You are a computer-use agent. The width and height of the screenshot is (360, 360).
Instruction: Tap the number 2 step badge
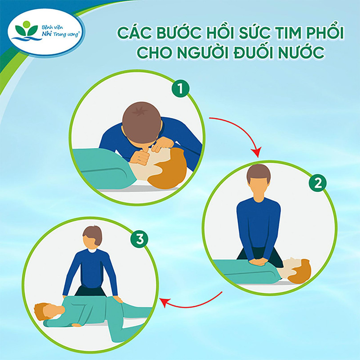click(x=317, y=183)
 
